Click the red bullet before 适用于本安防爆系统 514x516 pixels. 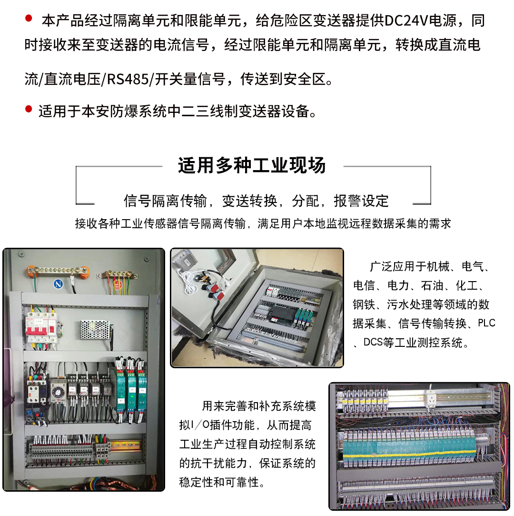pos(29,111)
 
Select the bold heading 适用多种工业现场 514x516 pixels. pos(252,165)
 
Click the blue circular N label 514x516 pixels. pos(58,284)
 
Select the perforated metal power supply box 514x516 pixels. pos(95,329)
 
